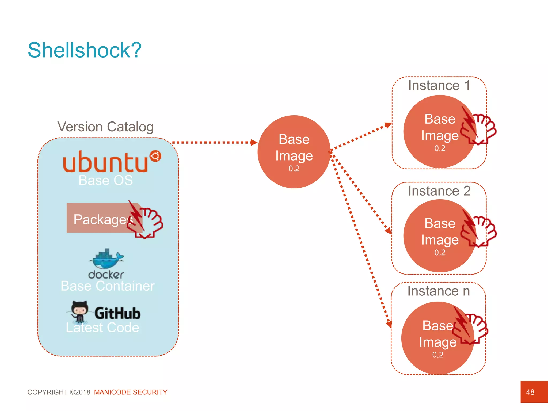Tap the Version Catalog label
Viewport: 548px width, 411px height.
point(105,127)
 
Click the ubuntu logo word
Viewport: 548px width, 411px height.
point(105,162)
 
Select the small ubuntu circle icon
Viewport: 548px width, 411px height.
point(155,156)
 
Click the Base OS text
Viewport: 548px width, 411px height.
point(106,180)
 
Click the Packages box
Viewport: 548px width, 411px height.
point(102,218)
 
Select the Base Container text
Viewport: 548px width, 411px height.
point(108,286)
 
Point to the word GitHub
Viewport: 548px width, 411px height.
point(117,313)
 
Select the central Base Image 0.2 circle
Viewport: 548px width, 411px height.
point(294,152)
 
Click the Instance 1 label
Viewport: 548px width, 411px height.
point(439,85)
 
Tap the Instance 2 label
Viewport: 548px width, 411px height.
point(439,191)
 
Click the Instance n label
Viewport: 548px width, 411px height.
point(439,291)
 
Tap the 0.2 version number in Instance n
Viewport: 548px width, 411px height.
point(438,355)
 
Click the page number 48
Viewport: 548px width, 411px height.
point(530,392)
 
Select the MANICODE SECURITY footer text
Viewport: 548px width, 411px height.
point(131,392)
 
